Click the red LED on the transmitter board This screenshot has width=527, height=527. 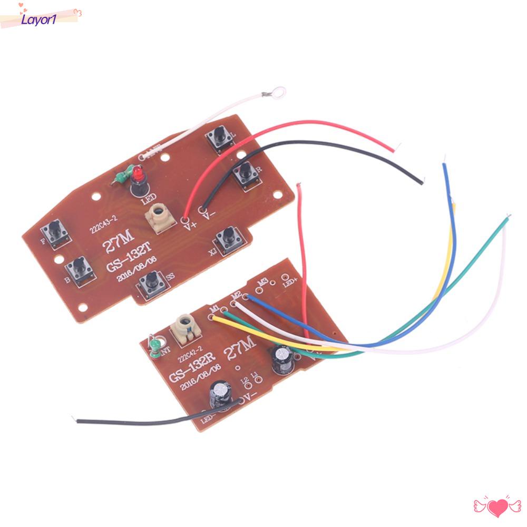139,172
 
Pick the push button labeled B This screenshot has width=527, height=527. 80,271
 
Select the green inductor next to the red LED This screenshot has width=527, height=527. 120,175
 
